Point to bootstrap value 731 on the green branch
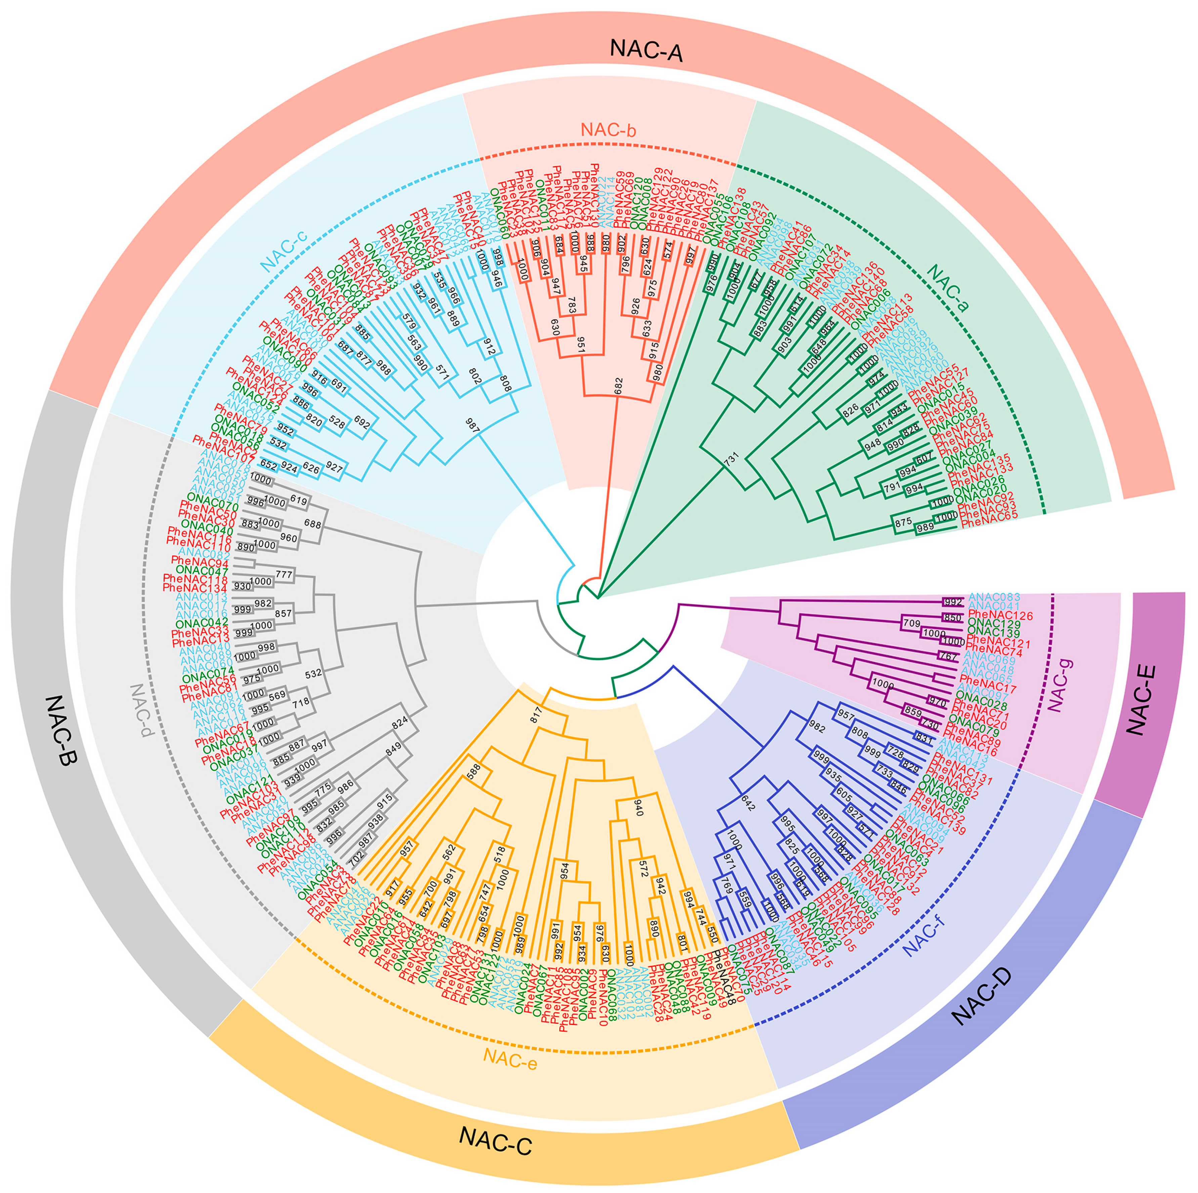(732, 460)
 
